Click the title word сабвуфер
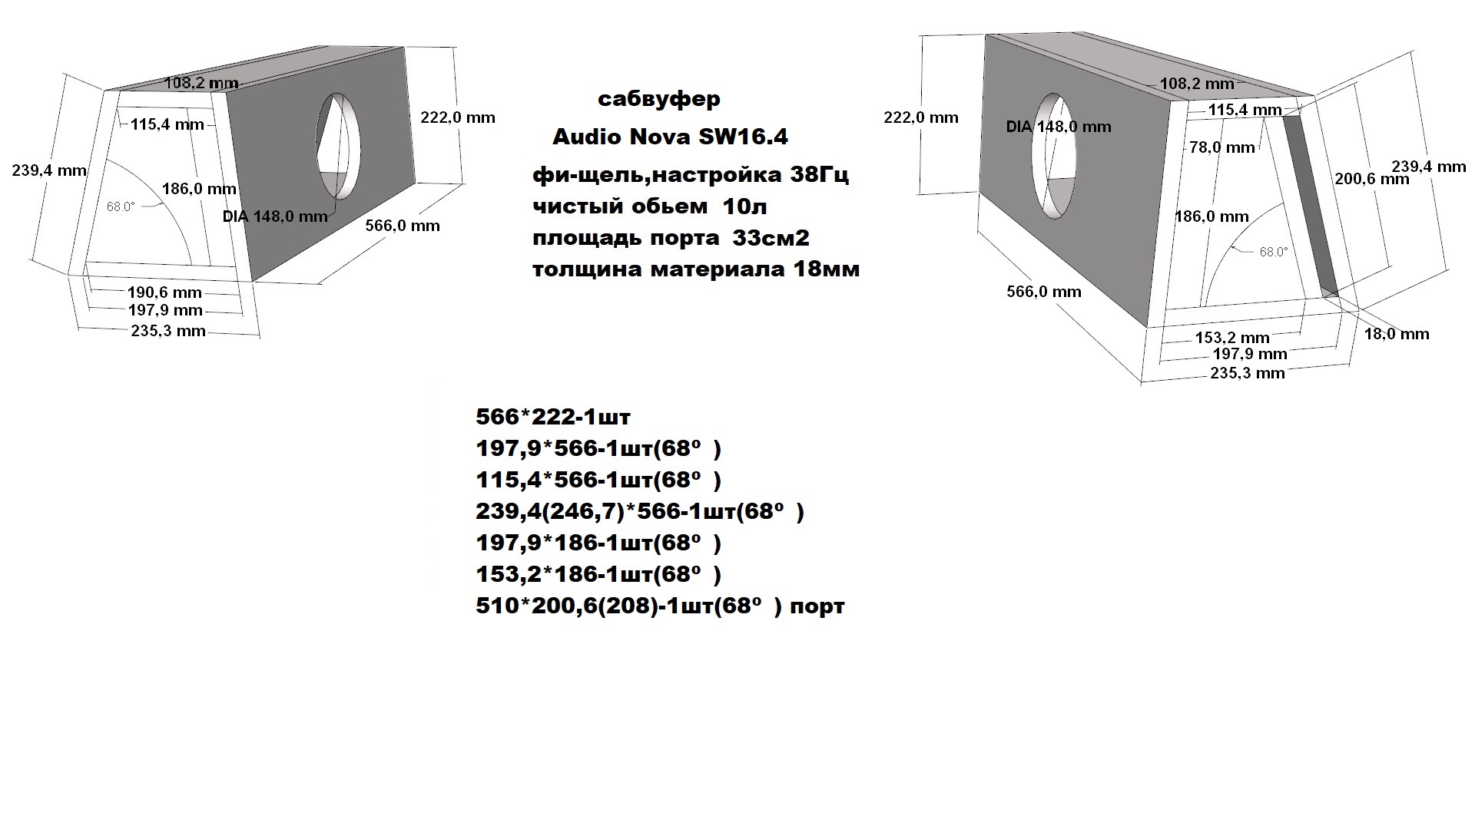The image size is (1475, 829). pos(658,100)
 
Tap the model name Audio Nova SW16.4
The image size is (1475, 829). pos(670,137)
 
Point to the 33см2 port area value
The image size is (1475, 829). pos(771,238)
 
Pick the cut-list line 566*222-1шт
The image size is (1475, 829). pos(552,418)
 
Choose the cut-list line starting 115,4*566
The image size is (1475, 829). pos(598,481)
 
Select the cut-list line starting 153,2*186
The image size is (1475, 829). pos(598,575)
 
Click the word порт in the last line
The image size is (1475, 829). pos(817,606)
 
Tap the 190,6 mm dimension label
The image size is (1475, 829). pos(164,292)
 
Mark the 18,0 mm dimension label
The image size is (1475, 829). pos(1397,334)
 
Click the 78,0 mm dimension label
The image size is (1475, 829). pos(1222,147)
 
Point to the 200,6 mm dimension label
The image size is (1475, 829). pos(1372,179)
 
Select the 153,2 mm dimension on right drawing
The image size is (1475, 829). pos(1232,338)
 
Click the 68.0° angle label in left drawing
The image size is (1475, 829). pos(121,206)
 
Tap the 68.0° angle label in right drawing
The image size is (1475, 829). pos(1274,252)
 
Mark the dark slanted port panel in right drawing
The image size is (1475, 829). pos(1309,203)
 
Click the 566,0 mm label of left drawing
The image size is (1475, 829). pos(403,226)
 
